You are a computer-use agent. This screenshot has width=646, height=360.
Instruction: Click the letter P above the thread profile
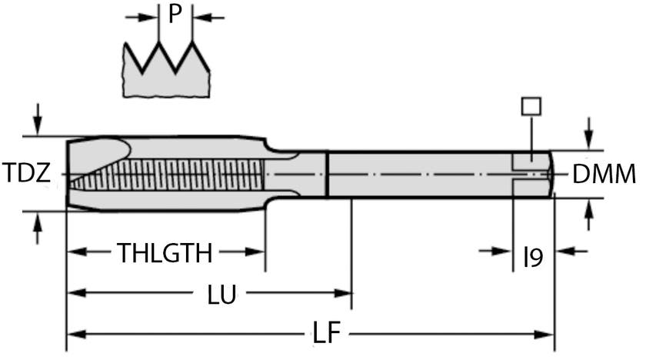175,15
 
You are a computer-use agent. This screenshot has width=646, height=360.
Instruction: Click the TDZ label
27,174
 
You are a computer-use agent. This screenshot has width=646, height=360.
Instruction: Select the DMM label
604,175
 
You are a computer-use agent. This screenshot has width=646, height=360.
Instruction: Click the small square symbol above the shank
531,106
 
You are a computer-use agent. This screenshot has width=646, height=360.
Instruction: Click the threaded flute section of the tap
177,176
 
